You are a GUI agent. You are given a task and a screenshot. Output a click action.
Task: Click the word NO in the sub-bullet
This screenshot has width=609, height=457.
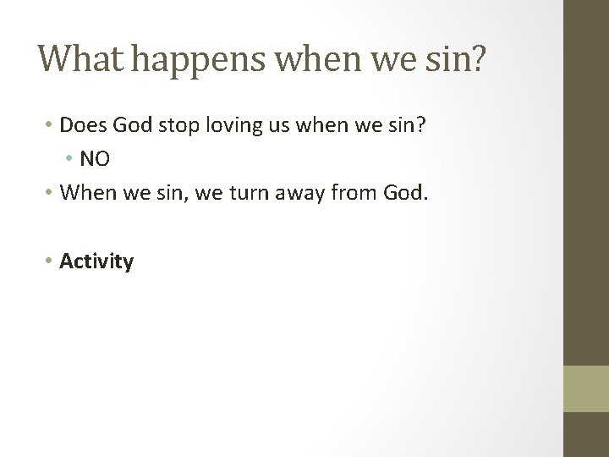[95, 158]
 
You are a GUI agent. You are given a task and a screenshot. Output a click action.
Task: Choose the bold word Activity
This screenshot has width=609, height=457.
[96, 262]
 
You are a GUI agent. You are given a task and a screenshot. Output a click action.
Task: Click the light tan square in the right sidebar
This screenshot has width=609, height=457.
[585, 388]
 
